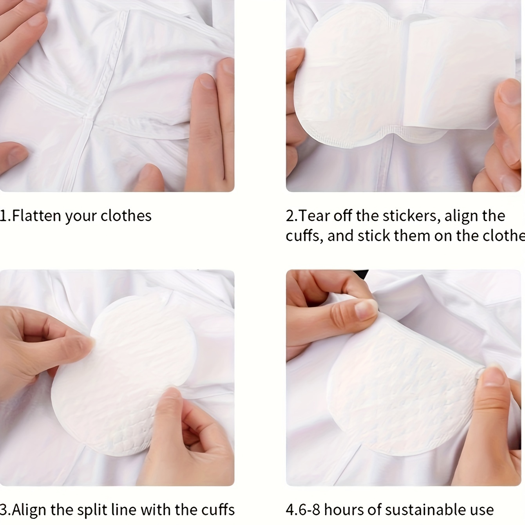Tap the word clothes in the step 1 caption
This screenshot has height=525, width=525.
[126, 216]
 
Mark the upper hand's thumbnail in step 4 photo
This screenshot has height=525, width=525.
[366, 310]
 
